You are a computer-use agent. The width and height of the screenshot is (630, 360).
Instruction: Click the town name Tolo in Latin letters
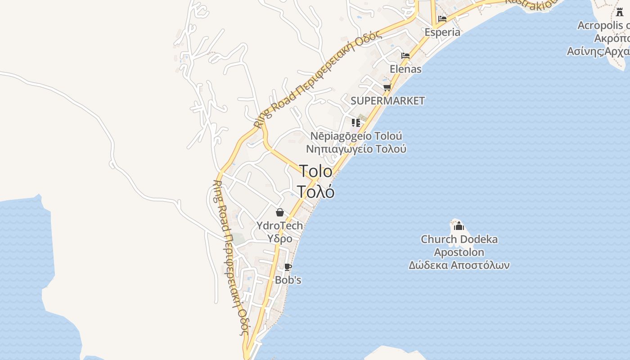[x=315, y=171]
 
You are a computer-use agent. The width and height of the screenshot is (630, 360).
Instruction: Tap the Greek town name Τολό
[x=315, y=192]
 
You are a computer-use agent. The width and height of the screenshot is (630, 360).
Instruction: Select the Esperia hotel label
[x=442, y=32]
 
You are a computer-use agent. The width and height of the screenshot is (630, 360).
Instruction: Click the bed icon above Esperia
[x=442, y=19]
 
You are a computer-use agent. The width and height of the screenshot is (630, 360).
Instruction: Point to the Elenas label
[x=405, y=69]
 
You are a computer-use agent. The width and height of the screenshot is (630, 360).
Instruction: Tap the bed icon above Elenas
[x=405, y=56]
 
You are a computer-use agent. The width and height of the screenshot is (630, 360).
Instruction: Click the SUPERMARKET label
[x=387, y=100]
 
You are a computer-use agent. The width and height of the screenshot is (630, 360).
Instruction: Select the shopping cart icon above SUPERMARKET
[x=387, y=87]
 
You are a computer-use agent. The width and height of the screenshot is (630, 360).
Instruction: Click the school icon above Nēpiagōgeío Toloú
[x=356, y=122]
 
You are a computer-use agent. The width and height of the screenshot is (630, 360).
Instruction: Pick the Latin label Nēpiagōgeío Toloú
[x=356, y=136]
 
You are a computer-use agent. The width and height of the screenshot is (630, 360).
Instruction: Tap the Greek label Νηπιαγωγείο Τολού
[x=356, y=148]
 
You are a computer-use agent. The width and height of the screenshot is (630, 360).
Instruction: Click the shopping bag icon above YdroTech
[x=280, y=212]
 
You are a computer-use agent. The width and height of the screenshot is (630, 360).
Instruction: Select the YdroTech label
[x=279, y=225]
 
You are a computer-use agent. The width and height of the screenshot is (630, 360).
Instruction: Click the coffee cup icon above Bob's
[x=288, y=267]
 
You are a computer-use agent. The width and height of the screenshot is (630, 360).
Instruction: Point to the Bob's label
[x=288, y=280]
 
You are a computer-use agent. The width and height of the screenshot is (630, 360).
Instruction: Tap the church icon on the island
[x=459, y=226]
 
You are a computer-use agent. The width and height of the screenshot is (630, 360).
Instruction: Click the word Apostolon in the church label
[x=459, y=252]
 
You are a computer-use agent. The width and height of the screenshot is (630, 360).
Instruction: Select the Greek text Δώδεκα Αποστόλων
[x=459, y=265]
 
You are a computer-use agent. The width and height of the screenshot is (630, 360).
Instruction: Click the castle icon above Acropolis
[x=620, y=13]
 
